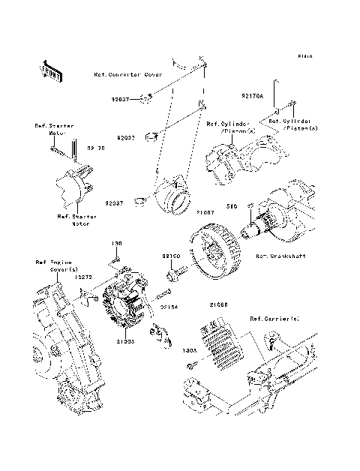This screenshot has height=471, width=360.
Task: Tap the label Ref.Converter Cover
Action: tap(128, 75)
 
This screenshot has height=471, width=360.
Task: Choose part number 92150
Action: tap(172, 256)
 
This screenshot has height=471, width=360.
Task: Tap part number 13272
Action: tap(82, 277)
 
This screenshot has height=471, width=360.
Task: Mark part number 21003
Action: tap(125, 341)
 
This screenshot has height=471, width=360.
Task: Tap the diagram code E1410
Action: tap(304, 56)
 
